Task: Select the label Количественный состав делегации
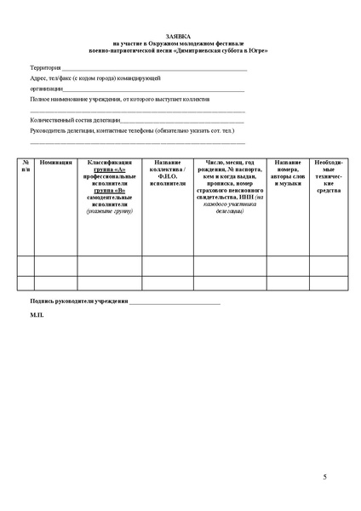click(x=75, y=120)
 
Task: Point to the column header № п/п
click(x=26, y=165)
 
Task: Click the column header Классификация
click(x=110, y=162)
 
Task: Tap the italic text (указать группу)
click(x=110, y=210)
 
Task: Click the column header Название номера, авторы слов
click(x=289, y=172)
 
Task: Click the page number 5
click(x=324, y=477)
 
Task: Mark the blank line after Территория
click(x=154, y=68)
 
